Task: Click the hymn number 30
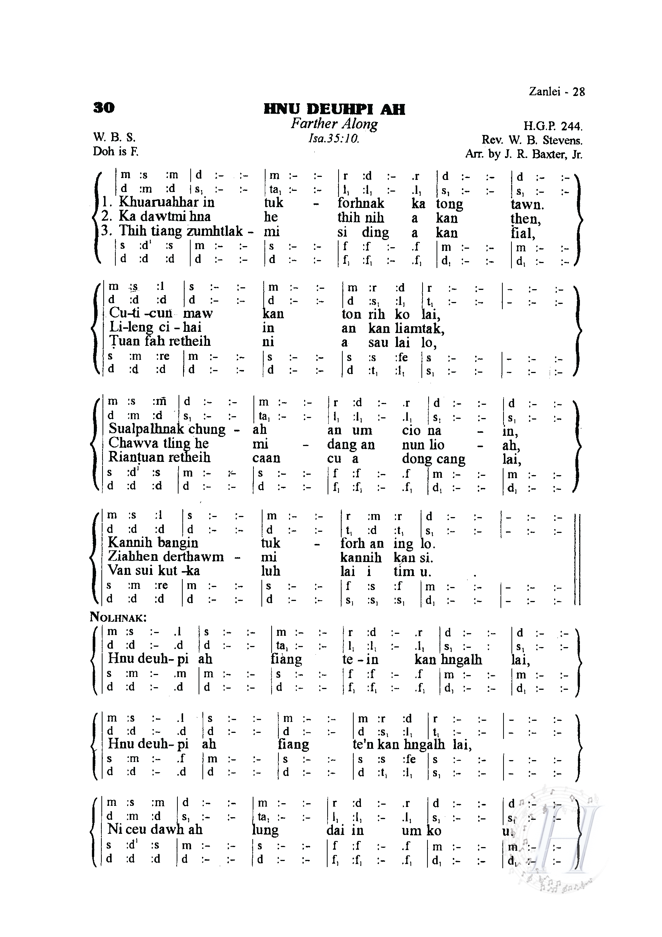104,108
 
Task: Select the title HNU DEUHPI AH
334,109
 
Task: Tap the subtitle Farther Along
334,124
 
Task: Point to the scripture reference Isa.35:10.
334,139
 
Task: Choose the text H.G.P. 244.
553,127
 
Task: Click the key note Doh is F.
116,152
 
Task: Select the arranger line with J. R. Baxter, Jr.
524,155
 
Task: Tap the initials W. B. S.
114,137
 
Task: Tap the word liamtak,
420,328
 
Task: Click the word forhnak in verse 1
361,203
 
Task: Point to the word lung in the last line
266,830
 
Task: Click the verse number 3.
107,231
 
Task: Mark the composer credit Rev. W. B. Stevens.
532,140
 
